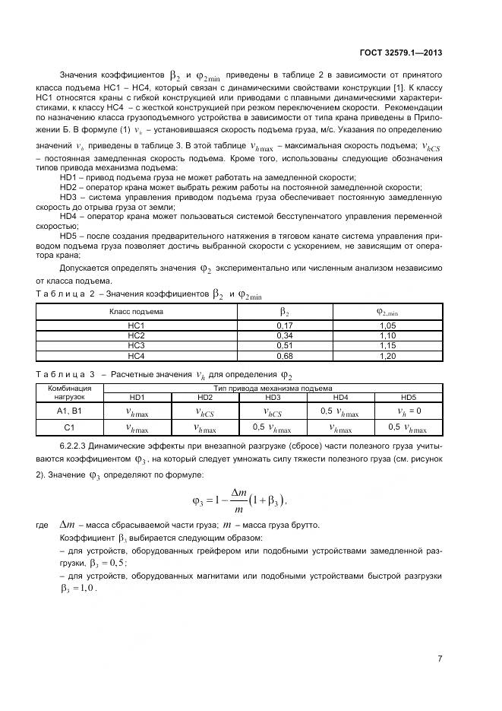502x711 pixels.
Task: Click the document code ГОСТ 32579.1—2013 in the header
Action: tap(400, 53)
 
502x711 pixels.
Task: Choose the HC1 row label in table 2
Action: tap(137, 325)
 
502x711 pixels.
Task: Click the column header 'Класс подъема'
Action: tap(137, 311)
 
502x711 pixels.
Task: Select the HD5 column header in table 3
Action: tap(408, 398)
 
